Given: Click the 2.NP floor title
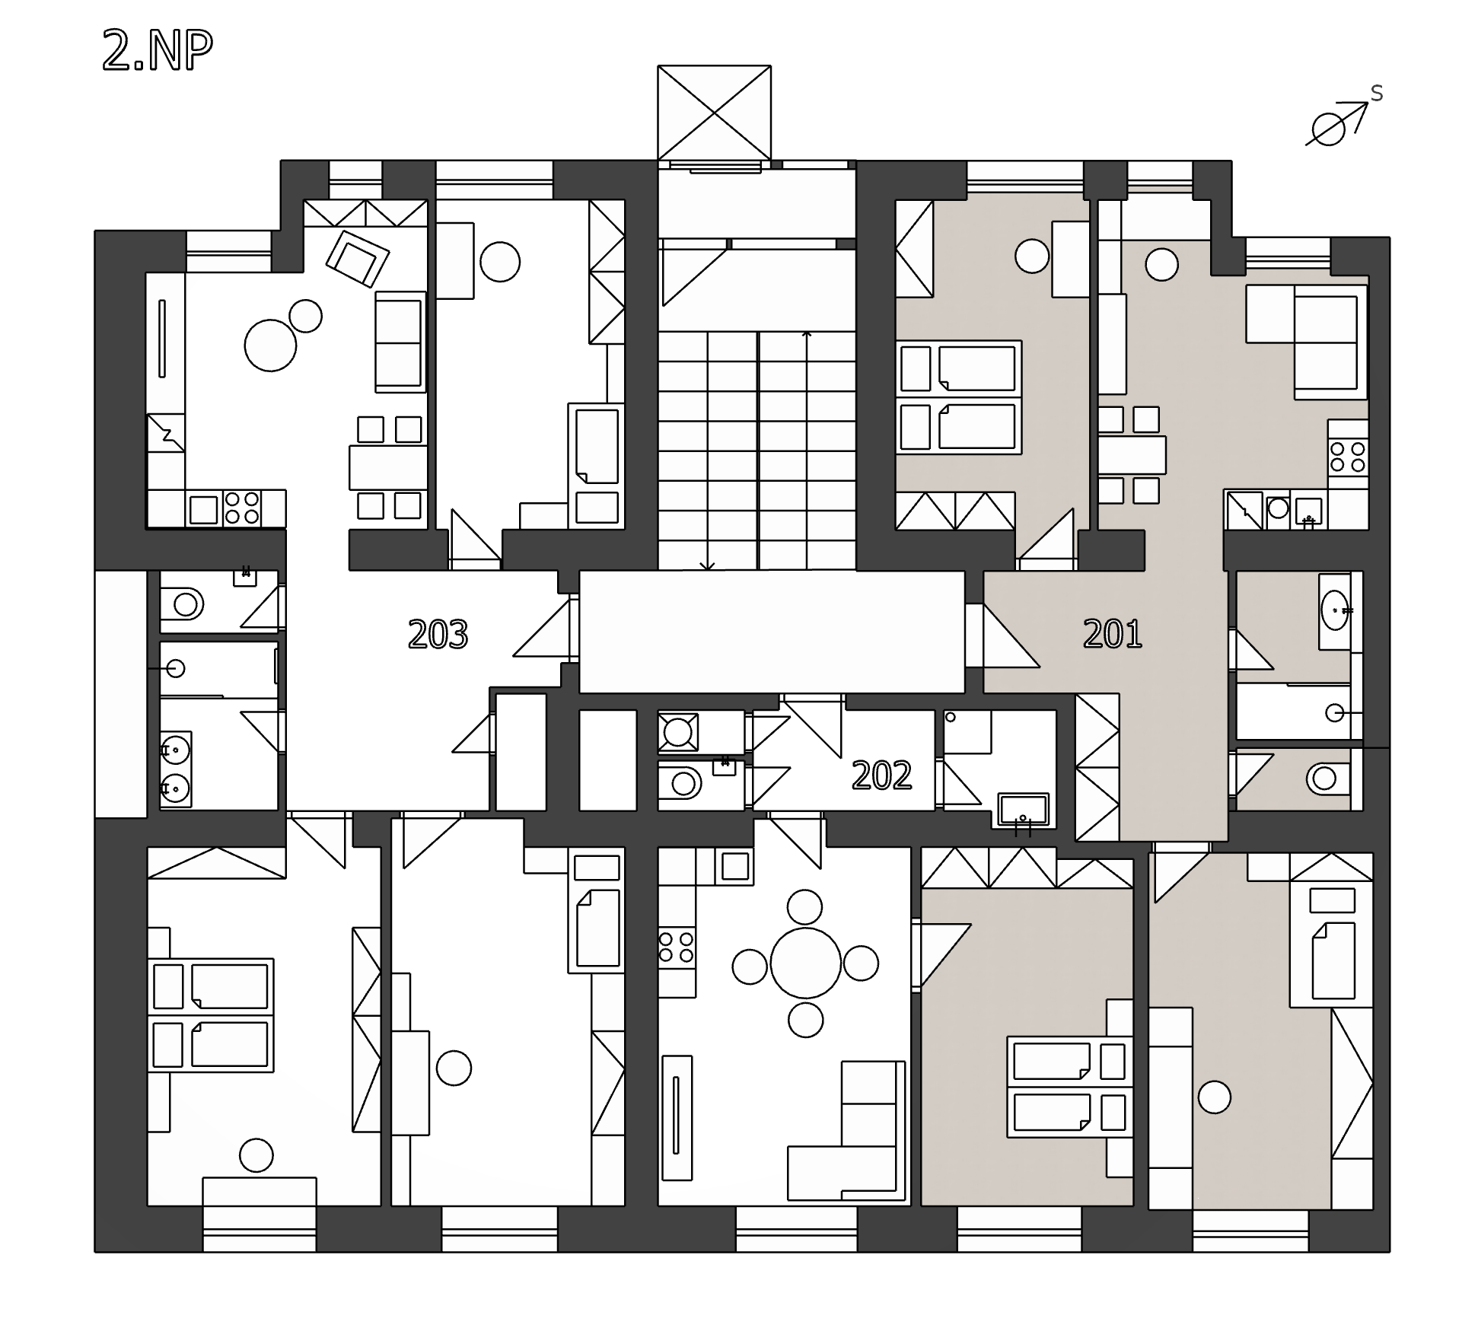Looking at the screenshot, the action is tap(158, 52).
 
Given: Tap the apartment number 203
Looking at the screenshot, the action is tap(438, 634).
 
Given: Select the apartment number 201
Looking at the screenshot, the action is tap(1113, 633).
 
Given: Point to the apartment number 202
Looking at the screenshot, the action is tap(882, 775).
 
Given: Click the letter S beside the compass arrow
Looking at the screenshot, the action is tap(1377, 94).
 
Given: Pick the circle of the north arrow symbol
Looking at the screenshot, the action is tap(1329, 129).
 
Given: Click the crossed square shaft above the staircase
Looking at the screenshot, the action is tap(714, 113).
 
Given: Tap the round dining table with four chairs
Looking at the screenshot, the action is tap(805, 963).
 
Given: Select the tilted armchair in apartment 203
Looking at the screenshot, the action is tap(358, 259).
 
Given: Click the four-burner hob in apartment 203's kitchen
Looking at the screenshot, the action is tap(242, 508).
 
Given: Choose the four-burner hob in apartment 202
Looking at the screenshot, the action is tap(677, 946).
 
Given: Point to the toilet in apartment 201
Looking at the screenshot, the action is tap(1327, 779).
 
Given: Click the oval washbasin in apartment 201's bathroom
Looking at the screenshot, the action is tap(1335, 610).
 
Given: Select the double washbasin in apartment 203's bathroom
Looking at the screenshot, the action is tap(176, 769).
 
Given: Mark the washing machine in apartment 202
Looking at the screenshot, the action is tap(677, 732).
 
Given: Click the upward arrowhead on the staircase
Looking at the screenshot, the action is tap(807, 333).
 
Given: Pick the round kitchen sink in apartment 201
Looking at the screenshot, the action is tap(1278, 508).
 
